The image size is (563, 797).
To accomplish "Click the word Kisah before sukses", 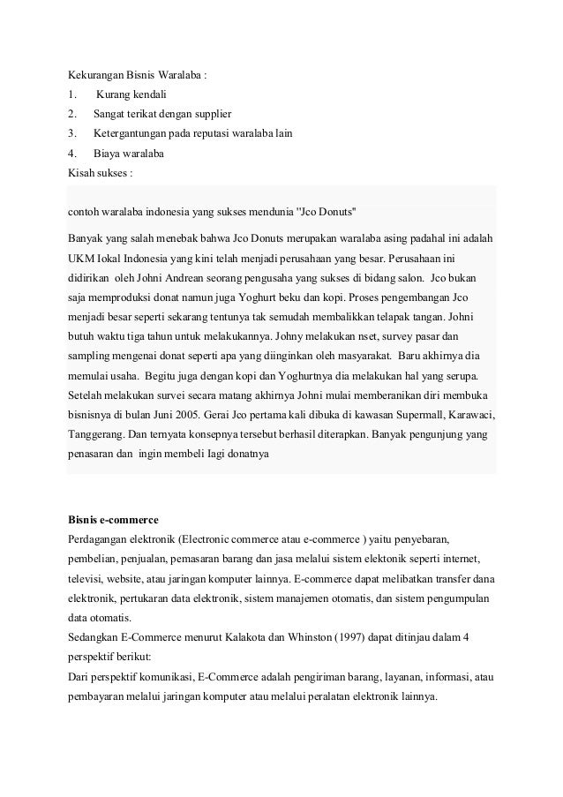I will point(81,173).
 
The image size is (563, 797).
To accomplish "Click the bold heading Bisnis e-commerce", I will point(113,518).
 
